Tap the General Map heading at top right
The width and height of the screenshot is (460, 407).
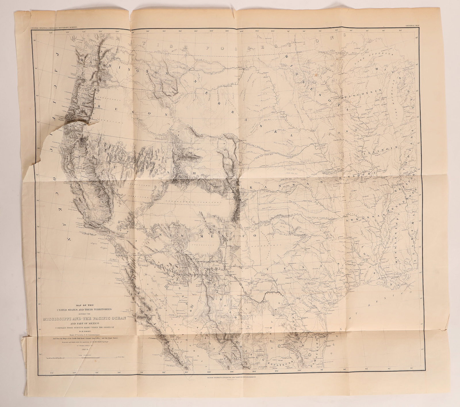(x=413, y=26)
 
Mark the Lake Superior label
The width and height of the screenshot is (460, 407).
(x=380, y=59)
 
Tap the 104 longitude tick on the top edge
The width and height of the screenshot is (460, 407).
(x=241, y=31)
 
